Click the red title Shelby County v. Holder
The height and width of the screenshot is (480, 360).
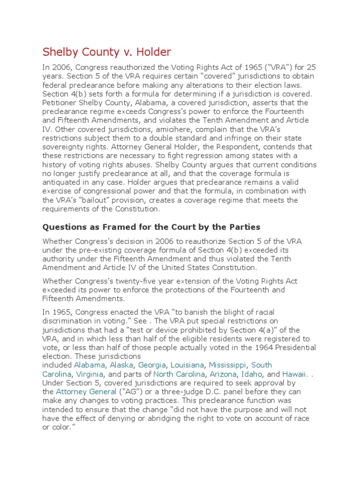click(107, 52)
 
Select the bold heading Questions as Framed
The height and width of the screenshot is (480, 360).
click(151, 227)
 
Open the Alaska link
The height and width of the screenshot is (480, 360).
click(121, 365)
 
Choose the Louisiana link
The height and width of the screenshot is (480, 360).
click(187, 365)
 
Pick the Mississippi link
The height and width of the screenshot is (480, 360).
click(228, 365)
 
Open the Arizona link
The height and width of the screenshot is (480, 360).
click(223, 374)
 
